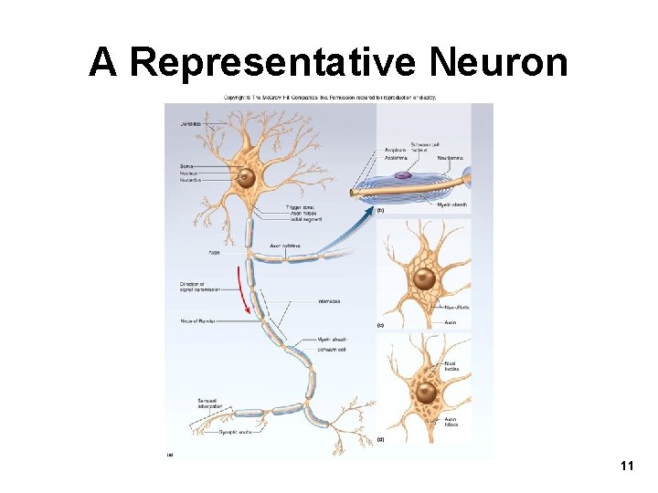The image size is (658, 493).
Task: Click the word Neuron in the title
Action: click(x=497, y=62)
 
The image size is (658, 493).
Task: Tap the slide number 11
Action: click(x=626, y=467)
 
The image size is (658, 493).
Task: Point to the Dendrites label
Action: click(x=191, y=123)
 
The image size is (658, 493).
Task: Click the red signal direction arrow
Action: click(x=245, y=288)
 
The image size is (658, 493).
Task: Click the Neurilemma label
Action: click(x=450, y=158)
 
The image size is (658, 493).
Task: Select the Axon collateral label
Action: click(x=286, y=246)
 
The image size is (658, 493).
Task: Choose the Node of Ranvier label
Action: click(x=196, y=321)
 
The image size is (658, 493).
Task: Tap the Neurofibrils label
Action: click(x=455, y=308)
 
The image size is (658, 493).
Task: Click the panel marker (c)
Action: click(x=380, y=324)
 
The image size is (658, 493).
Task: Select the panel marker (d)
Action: click(x=380, y=439)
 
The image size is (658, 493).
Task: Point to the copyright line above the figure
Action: click(x=331, y=96)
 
